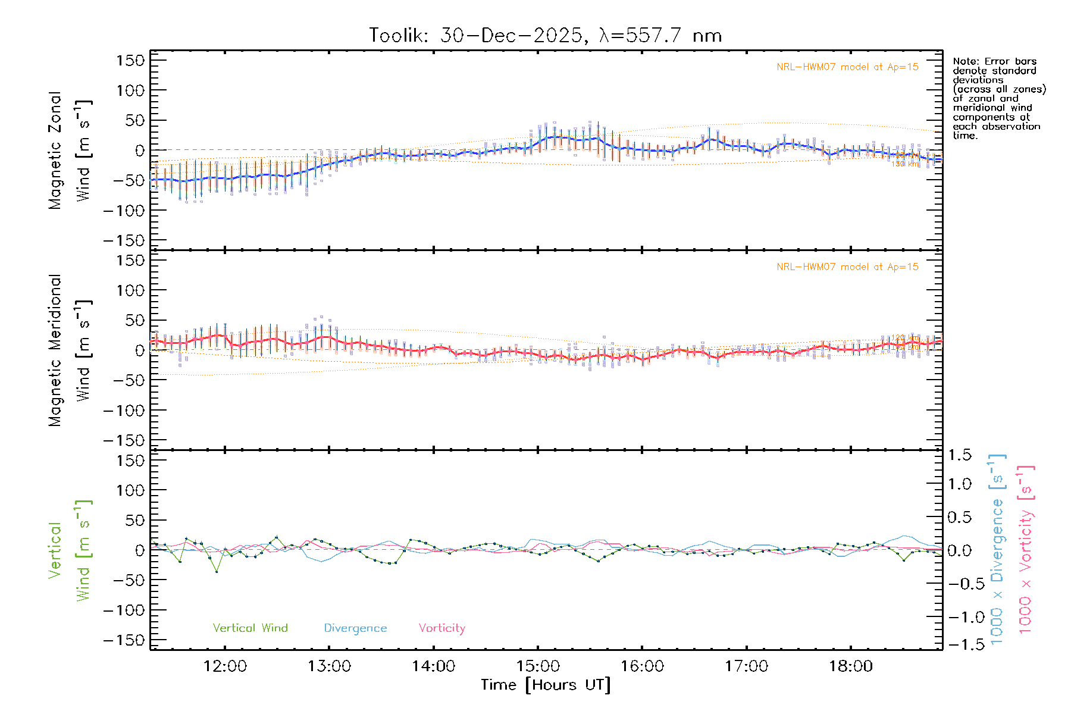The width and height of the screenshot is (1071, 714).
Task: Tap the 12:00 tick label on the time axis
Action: pos(225,666)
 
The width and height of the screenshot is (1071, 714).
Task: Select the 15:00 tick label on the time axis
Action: pos(538,666)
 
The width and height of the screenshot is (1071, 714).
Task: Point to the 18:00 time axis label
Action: pos(851,666)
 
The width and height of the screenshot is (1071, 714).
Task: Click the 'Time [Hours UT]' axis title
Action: pos(546,685)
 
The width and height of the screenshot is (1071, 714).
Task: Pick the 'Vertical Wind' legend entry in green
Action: pos(250,628)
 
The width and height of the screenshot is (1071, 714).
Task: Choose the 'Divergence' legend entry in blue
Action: pos(355,628)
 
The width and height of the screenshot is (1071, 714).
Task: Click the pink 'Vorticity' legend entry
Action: pos(441,628)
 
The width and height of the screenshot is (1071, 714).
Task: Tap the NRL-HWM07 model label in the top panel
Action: pos(847,67)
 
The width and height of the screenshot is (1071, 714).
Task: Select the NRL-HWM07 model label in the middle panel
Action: pos(847,267)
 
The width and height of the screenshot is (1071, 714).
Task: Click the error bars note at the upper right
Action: pos(999,98)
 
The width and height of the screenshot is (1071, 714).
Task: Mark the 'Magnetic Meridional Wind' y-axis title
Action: pos(70,350)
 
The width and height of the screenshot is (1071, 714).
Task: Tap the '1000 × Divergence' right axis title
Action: pos(997,550)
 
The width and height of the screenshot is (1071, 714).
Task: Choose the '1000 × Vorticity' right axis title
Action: pos(1026,550)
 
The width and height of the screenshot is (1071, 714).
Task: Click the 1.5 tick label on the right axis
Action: pos(960,455)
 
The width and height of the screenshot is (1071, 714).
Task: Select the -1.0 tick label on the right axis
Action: pos(959,617)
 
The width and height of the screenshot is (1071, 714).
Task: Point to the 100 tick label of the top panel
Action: pos(131,90)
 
